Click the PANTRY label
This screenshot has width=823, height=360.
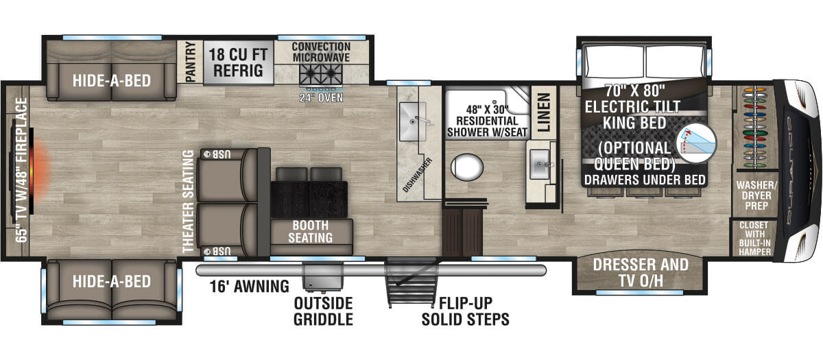click(191, 62)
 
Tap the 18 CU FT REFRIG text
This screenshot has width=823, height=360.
click(238, 62)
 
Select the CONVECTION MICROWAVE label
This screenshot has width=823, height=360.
click(321, 52)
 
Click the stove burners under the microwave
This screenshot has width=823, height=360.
click(321, 75)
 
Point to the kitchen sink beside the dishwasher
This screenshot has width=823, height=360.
click(413, 121)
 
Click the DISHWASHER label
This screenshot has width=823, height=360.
click(418, 175)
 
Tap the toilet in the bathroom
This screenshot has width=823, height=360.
click(467, 167)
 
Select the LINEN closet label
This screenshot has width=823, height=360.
click(544, 112)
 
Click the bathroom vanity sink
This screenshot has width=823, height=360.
click(539, 164)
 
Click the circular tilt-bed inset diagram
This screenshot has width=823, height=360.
click(696, 143)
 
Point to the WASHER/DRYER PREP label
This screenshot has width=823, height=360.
click(756, 195)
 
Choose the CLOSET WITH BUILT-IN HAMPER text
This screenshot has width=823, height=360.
click(754, 239)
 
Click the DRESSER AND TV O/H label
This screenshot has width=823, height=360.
click(641, 273)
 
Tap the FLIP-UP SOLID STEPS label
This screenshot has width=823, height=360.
click(466, 311)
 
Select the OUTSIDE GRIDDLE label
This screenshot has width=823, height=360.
click(323, 311)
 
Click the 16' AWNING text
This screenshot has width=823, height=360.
click(249, 287)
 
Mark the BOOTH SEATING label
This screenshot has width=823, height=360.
click(311, 232)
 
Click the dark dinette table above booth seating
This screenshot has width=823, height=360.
click(309, 199)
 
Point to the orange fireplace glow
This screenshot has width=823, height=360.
click(40, 171)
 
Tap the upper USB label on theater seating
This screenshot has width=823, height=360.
click(217, 154)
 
